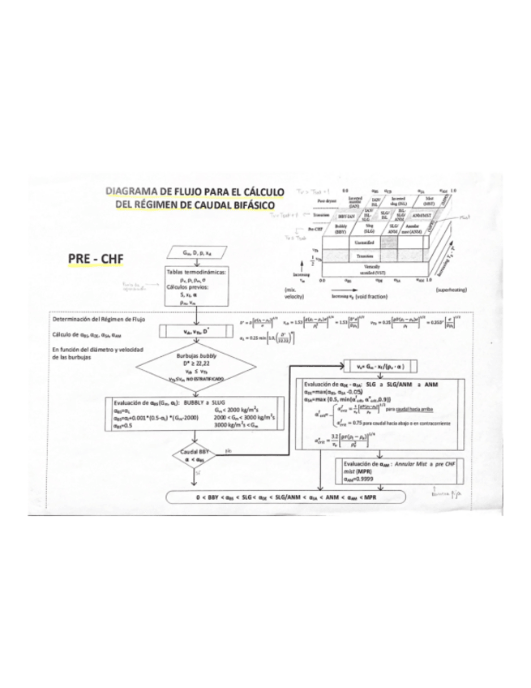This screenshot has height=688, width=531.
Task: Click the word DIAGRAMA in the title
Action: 135,192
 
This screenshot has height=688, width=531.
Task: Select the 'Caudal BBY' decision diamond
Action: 187,458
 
